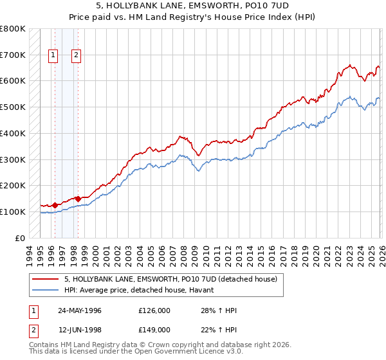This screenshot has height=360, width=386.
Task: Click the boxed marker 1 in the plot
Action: [53, 55]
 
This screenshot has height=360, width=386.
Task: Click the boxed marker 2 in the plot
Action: [76, 55]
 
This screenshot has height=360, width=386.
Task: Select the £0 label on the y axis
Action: [21, 238]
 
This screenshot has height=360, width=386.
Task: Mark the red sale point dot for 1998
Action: [78, 199]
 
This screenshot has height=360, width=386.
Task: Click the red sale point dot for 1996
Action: [55, 205]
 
